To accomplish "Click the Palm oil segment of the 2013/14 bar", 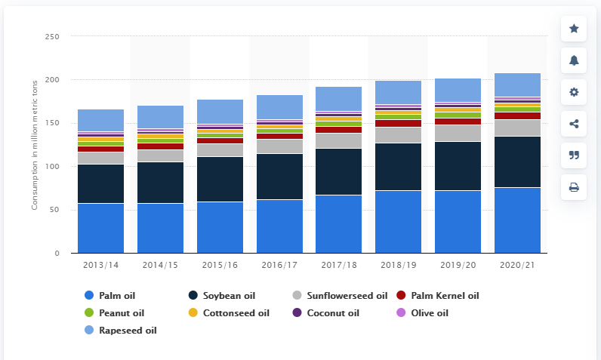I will (100, 228).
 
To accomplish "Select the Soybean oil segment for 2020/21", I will (518, 162).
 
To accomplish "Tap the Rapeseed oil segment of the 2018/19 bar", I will (398, 93).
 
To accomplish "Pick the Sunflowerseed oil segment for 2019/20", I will (458, 133).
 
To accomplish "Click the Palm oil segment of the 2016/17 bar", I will (279, 226).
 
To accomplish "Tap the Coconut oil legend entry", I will (332, 312).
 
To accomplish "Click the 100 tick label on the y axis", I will (51, 166).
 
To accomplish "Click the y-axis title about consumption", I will (35, 155).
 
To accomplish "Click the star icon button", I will (574, 29).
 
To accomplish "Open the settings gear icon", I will (574, 92).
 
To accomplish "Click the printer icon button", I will (574, 187).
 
